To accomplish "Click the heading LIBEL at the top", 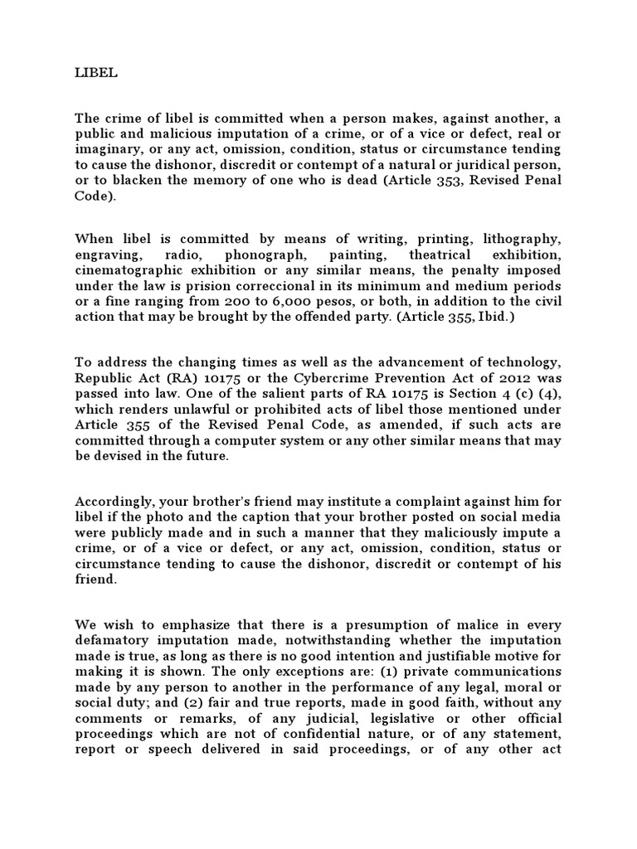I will (96, 73).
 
